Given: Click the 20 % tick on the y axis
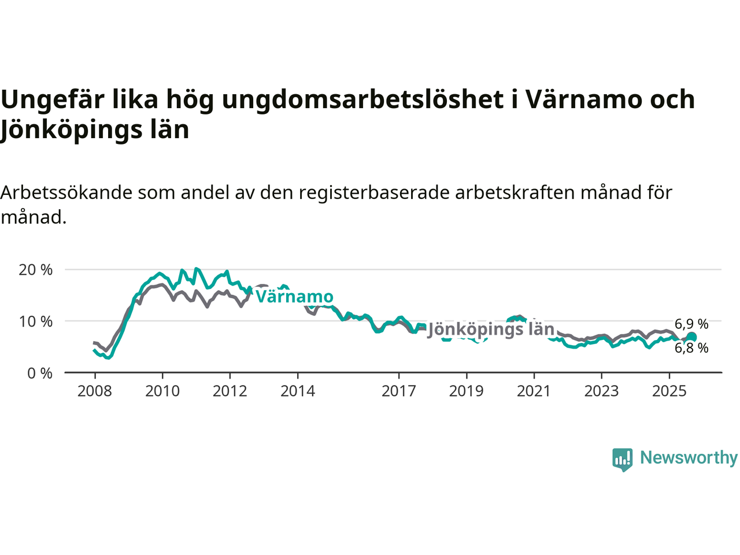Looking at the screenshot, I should (x=35, y=269).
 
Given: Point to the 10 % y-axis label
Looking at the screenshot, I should (x=35, y=321).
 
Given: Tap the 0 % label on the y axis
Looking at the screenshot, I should (x=40, y=373).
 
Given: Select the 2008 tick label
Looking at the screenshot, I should (x=95, y=391).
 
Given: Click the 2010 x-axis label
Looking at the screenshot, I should (x=162, y=391).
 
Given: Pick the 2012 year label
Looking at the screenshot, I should (x=230, y=391).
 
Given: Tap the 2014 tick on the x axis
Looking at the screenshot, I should (x=298, y=391).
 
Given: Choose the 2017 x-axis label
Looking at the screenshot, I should (x=399, y=391).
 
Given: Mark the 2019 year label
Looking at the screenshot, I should (x=467, y=391).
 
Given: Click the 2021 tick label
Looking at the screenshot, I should (x=534, y=391).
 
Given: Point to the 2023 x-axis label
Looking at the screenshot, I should (x=601, y=391).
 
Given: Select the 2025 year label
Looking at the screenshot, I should (x=669, y=391).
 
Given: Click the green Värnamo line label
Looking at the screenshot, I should (x=295, y=297).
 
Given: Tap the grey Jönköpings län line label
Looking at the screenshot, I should (x=491, y=330).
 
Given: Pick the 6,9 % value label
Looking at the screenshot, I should (x=691, y=324).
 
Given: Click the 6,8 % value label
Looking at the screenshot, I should (x=691, y=348).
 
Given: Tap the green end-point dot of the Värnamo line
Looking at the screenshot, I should (x=691, y=337).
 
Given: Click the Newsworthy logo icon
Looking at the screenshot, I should (x=622, y=460).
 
